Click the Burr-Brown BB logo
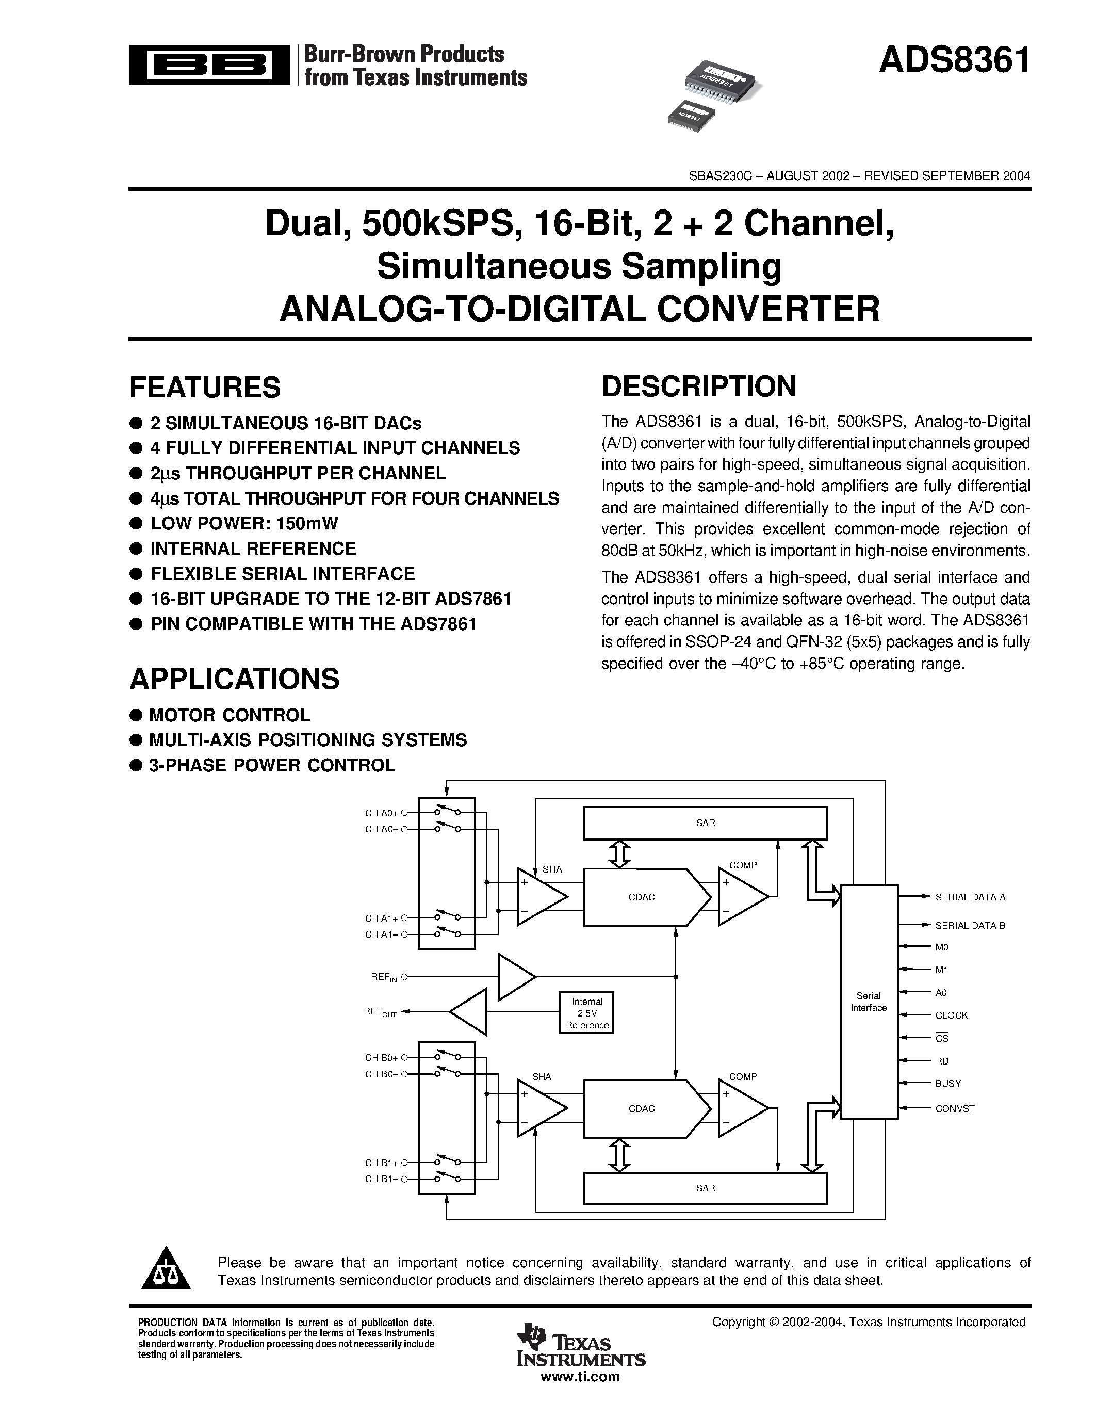tap(209, 65)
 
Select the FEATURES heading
tap(205, 387)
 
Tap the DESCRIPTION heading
tap(699, 386)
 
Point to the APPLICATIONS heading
tap(234, 679)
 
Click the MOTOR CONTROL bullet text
tap(229, 715)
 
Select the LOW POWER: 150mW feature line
tap(244, 524)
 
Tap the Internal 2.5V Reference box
tap(587, 1013)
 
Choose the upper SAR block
tap(705, 823)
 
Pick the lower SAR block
tap(705, 1188)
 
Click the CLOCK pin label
tap(951, 1015)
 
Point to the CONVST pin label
tap(955, 1108)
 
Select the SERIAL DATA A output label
tap(970, 897)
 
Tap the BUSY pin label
tap(948, 1083)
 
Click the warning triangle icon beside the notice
tap(166, 1270)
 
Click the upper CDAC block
tap(642, 897)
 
